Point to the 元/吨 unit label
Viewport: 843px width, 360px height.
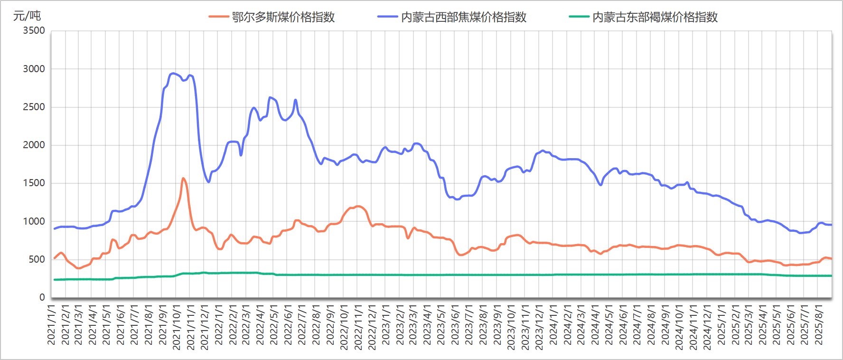tap(27, 16)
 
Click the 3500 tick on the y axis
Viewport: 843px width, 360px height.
tap(34, 31)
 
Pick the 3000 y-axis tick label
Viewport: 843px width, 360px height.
tap(34, 69)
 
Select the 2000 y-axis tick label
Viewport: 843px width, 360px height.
tap(34, 145)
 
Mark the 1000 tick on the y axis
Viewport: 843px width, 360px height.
tap(34, 221)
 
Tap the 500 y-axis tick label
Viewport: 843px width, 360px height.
tap(37, 259)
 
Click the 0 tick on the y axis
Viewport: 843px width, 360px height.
tap(42, 297)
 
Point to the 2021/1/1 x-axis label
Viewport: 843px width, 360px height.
tap(51, 325)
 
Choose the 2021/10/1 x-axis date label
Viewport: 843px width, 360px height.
tap(177, 328)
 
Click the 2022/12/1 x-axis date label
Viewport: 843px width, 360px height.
tap(372, 328)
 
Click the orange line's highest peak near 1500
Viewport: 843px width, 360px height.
tap(183, 179)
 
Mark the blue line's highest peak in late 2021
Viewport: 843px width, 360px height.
tap(173, 73)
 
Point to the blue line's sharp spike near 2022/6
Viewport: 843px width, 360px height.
tap(295, 100)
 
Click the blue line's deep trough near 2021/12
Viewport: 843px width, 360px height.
tap(208, 182)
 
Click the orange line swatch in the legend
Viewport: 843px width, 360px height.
tap(218, 17)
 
